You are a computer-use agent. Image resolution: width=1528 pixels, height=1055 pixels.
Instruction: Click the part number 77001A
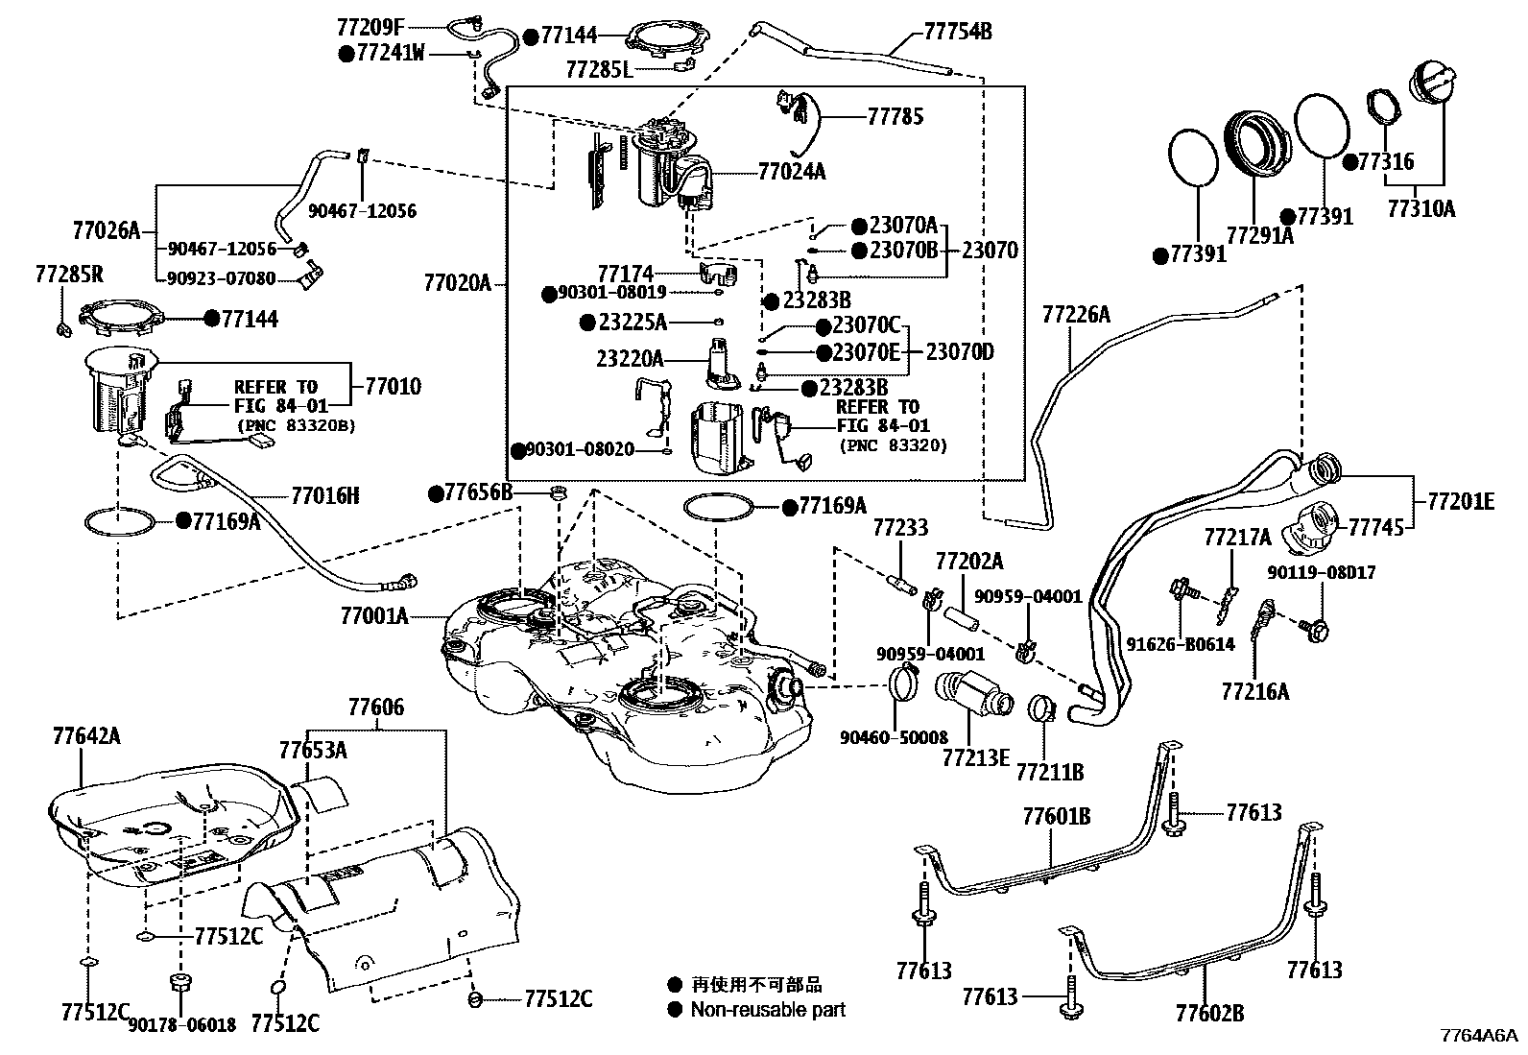click(x=373, y=614)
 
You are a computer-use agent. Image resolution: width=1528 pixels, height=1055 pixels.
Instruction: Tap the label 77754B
click(x=957, y=32)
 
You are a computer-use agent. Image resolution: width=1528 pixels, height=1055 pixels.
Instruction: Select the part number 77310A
click(x=1421, y=206)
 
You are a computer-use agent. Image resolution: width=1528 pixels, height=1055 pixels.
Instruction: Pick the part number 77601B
click(x=1056, y=816)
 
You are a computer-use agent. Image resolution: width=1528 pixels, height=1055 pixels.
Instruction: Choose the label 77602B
click(x=1209, y=1013)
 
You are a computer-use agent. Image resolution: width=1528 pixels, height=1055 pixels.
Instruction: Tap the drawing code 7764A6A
click(x=1478, y=1036)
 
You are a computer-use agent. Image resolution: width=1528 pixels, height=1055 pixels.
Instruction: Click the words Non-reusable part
click(x=768, y=1010)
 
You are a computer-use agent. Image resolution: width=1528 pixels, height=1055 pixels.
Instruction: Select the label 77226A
click(x=1076, y=314)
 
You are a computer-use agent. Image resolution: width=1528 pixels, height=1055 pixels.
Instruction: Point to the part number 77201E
click(x=1460, y=501)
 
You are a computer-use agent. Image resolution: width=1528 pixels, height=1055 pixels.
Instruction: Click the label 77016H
click(x=325, y=495)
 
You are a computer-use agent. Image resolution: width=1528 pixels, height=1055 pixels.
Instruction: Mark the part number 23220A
click(x=630, y=359)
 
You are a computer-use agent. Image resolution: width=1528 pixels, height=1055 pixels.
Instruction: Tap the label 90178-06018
click(x=182, y=1024)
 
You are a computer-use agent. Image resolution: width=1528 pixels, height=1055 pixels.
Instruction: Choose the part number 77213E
click(x=975, y=757)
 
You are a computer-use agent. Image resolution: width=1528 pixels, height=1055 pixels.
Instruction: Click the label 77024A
click(x=791, y=172)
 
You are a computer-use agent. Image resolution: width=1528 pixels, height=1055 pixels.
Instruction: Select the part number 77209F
click(x=371, y=26)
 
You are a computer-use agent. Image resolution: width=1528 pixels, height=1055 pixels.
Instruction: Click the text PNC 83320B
click(x=296, y=425)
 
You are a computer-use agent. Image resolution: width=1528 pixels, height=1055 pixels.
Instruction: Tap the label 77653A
click(x=313, y=750)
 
